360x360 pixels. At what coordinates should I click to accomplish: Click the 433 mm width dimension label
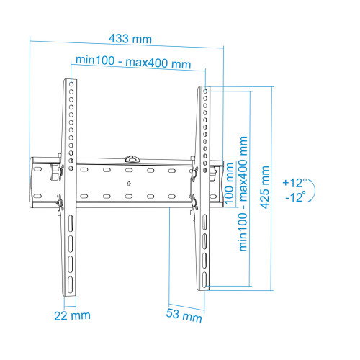pos(130,39)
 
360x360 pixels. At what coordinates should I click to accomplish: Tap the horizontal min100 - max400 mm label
pos(133,62)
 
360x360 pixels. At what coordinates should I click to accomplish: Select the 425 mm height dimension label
pos(265,187)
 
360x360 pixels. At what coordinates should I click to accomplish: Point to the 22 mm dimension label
pos(72,315)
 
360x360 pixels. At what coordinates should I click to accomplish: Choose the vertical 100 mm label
pos(230,183)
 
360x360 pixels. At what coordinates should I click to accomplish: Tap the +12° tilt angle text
pos(295,182)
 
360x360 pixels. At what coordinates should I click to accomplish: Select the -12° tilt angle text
pos(296,197)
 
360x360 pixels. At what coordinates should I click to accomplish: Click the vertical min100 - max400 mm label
pos(243,194)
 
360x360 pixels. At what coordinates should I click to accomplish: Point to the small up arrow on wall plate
pos(129,184)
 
